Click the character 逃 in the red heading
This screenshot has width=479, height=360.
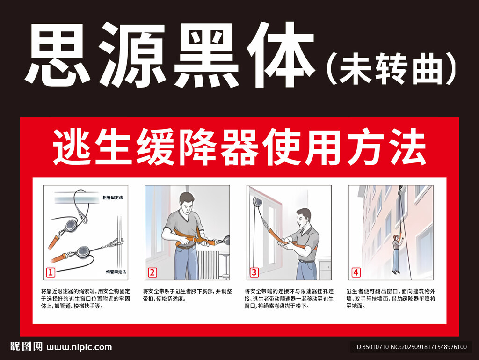pyautogui.click(x=72, y=147)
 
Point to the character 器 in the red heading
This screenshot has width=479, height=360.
pyautogui.click(x=239, y=147)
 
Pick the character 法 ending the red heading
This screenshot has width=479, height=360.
pyautogui.click(x=407, y=147)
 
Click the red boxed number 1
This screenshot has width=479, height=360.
pyautogui.click(x=51, y=272)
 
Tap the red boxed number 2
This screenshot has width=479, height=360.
pyautogui.click(x=152, y=272)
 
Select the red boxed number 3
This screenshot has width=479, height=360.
pyautogui.click(x=254, y=272)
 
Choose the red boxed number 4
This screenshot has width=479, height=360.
pyautogui.click(x=356, y=272)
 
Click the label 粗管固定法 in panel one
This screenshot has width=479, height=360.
pyautogui.click(x=113, y=198)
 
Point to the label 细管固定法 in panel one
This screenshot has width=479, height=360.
pyautogui.click(x=116, y=272)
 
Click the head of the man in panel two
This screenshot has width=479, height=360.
pyautogui.click(x=186, y=203)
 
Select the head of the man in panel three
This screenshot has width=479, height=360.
pyautogui.click(x=303, y=218)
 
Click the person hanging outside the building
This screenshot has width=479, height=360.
pyautogui.click(x=397, y=254)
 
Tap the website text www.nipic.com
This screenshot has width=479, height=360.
pyautogui.click(x=79, y=347)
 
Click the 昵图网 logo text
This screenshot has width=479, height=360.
pyautogui.click(x=26, y=346)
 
